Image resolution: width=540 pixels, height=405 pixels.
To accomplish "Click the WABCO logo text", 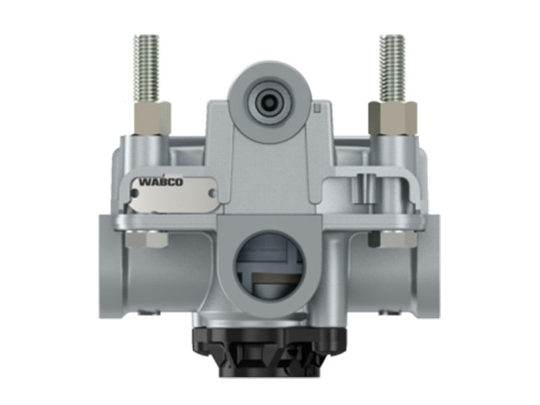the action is point(161,182).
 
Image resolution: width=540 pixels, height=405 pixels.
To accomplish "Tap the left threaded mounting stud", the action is point(146,68).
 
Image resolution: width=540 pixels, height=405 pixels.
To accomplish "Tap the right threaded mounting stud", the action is point(392,68).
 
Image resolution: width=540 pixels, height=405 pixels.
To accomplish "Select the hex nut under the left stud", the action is point(152,118).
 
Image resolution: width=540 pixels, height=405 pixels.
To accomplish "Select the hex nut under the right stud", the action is point(393,118).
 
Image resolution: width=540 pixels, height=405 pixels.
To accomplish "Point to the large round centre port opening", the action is point(269,267).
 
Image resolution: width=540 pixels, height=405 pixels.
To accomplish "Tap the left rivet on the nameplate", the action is point(135,194).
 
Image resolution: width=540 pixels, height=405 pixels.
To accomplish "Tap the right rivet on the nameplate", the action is point(213,194).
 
